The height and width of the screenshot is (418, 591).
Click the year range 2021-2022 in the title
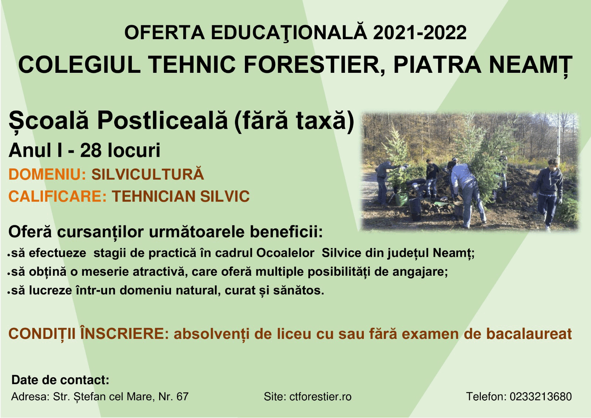[420, 33]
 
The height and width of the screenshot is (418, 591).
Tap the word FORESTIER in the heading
[311, 65]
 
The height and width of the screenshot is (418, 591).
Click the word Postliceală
[162, 121]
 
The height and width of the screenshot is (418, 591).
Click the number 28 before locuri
[91, 150]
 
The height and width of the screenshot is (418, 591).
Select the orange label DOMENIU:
[48, 174]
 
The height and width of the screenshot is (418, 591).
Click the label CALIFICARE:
[58, 196]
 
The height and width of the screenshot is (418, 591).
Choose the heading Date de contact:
[61, 380]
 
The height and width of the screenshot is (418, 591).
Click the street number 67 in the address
[182, 397]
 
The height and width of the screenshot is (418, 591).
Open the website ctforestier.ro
[320, 397]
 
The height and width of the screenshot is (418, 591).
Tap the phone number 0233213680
[541, 397]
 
